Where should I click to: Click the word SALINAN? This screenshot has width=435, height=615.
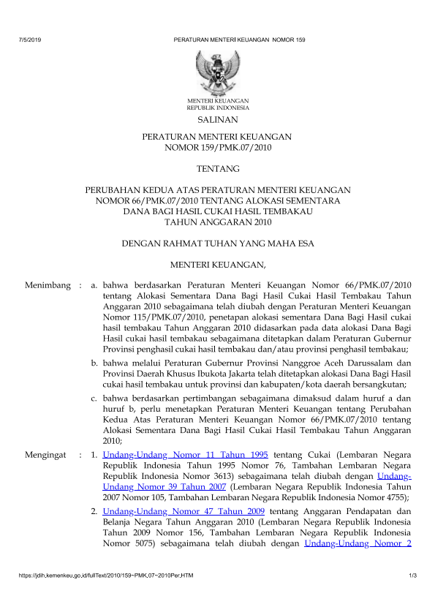217,118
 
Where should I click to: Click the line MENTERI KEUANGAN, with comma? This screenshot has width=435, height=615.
217,263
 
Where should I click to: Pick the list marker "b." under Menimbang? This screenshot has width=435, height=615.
95,363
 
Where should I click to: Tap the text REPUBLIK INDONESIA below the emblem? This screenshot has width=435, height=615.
217,107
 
